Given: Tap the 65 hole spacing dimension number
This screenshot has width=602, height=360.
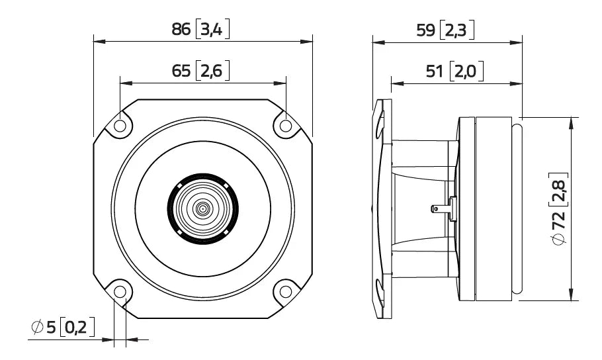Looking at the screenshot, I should click(x=181, y=71).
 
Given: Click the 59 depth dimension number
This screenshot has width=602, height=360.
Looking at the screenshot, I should click(x=423, y=29).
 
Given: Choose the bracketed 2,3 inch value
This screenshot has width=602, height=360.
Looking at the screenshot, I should click(x=456, y=29).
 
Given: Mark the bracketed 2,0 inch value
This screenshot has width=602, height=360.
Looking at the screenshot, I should click(x=466, y=71).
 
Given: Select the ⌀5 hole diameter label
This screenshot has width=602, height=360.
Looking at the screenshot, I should click(x=44, y=326).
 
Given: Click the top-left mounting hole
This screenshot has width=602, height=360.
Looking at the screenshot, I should click(x=120, y=126).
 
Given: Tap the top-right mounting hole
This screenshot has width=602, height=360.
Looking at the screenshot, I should click(x=285, y=126).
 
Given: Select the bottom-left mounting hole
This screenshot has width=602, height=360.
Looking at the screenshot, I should click(x=120, y=291).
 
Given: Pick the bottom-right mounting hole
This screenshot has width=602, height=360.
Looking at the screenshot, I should click(x=285, y=291).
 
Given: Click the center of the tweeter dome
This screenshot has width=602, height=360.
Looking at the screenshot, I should click(x=202, y=209).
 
